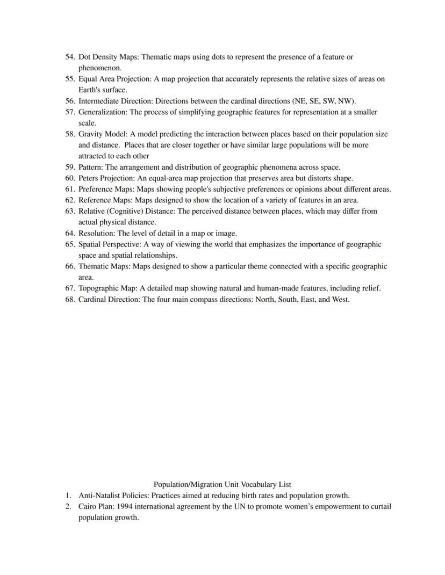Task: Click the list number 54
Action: click(x=70, y=57)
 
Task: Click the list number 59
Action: click(x=70, y=167)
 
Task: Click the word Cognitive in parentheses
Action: click(x=126, y=211)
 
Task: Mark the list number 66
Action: click(x=70, y=266)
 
